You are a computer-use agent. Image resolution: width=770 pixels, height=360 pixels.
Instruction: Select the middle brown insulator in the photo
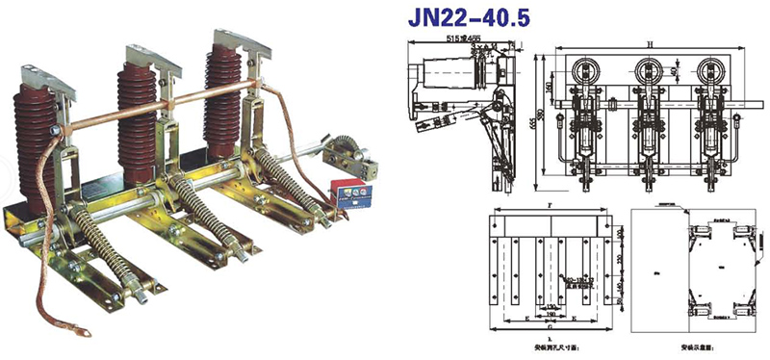[x=138, y=116]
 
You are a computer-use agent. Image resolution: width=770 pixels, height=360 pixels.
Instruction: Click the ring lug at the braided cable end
[x=86, y=336]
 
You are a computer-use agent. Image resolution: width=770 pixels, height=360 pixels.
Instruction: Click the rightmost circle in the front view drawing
[x=712, y=69]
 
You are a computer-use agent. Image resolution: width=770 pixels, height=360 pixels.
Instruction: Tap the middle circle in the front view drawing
[x=648, y=69]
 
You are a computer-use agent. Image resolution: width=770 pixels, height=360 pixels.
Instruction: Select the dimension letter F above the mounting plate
[x=548, y=205]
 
